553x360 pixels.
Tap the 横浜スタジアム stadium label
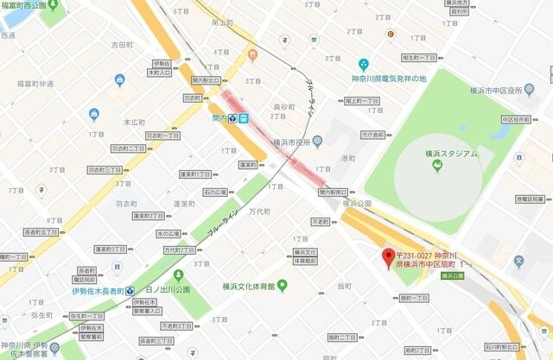446,154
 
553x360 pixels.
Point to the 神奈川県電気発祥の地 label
390,79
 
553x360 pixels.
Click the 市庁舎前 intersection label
372,136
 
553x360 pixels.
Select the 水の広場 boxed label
168,234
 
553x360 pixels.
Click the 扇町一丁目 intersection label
415,298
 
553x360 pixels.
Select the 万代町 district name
260,211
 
